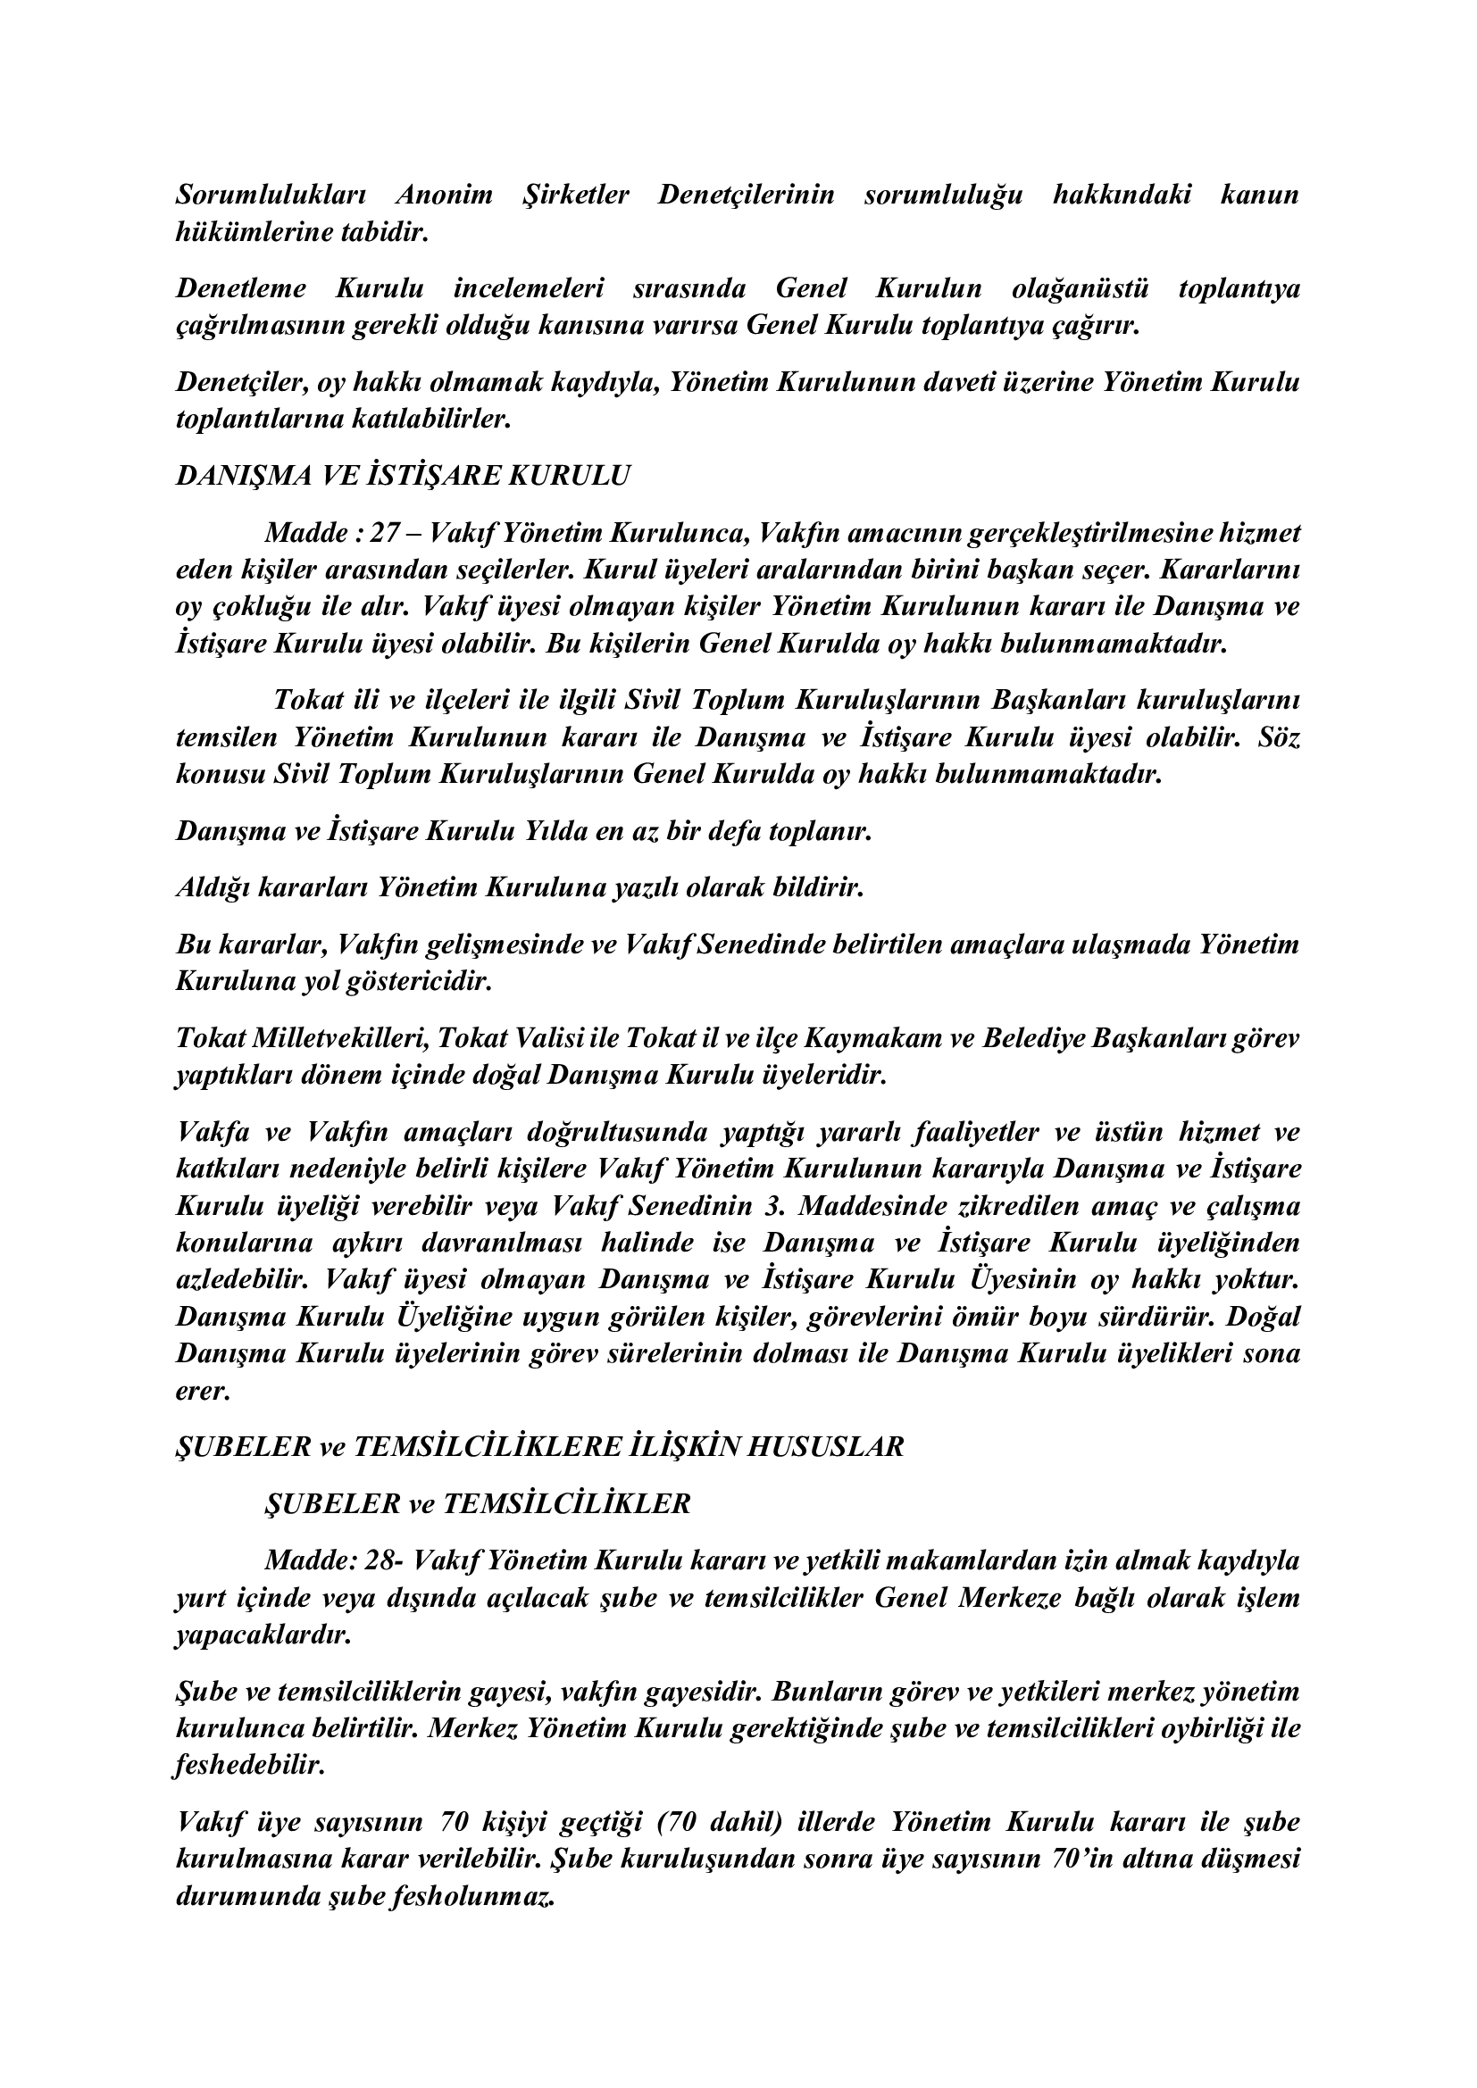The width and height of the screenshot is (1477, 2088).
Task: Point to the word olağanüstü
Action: tap(1080, 289)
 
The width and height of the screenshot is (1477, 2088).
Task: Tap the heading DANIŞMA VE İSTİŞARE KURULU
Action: tap(402, 477)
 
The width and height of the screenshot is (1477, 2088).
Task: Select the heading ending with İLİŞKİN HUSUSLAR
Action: tap(539, 1447)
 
